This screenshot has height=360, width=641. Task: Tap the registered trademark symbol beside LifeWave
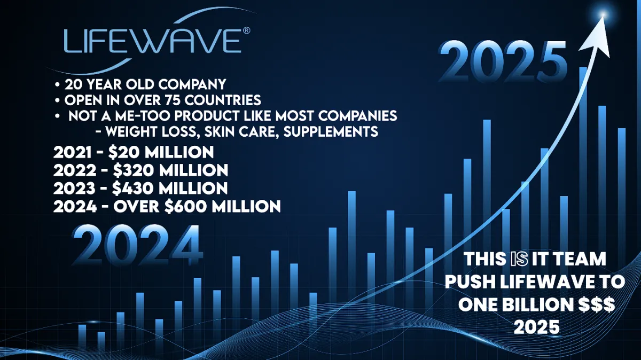(x=246, y=30)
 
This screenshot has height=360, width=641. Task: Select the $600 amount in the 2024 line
(x=185, y=207)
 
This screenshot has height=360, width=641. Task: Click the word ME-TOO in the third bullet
(x=142, y=116)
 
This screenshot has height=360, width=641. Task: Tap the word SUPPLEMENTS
(x=331, y=131)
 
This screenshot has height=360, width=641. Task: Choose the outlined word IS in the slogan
(x=519, y=259)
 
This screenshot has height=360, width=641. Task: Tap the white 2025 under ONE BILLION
(x=536, y=327)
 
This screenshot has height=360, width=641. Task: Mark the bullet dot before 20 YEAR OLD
(x=58, y=85)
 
